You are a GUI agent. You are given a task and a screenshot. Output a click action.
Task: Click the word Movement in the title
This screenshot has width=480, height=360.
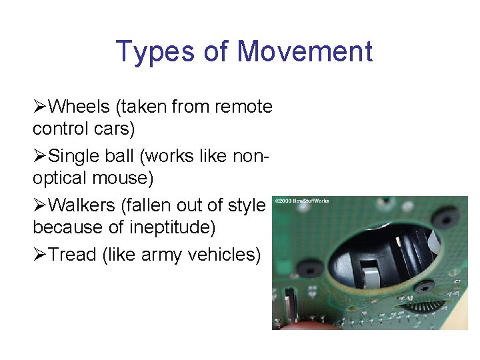(305, 52)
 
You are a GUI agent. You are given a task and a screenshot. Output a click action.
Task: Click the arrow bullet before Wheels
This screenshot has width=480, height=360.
(40, 107)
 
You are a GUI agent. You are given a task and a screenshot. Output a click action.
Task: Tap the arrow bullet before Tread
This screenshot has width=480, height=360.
(40, 255)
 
